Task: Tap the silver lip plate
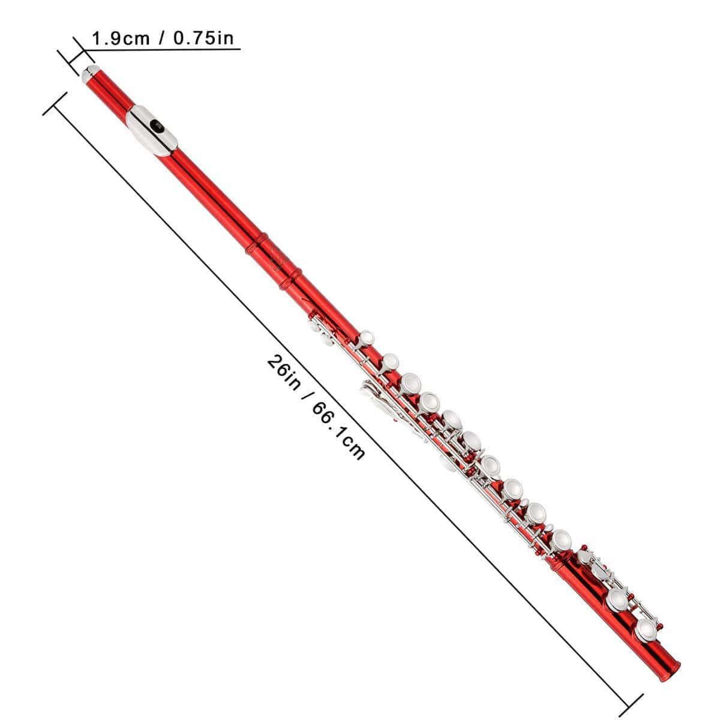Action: tap(152, 130)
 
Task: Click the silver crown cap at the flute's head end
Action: tap(90, 74)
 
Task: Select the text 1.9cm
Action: tap(121, 39)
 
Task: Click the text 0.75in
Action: tap(203, 38)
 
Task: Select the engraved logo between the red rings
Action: tap(278, 260)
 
